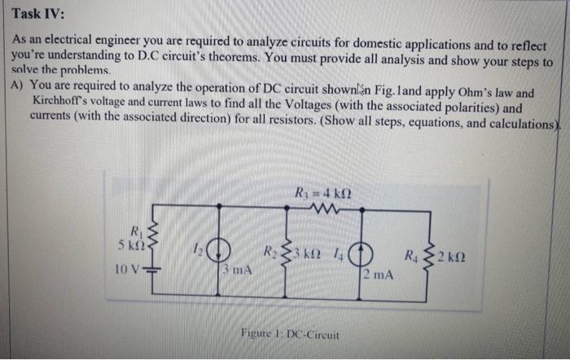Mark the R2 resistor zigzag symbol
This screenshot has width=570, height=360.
[x=286, y=253]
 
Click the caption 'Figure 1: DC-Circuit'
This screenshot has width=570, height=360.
[x=291, y=334]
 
